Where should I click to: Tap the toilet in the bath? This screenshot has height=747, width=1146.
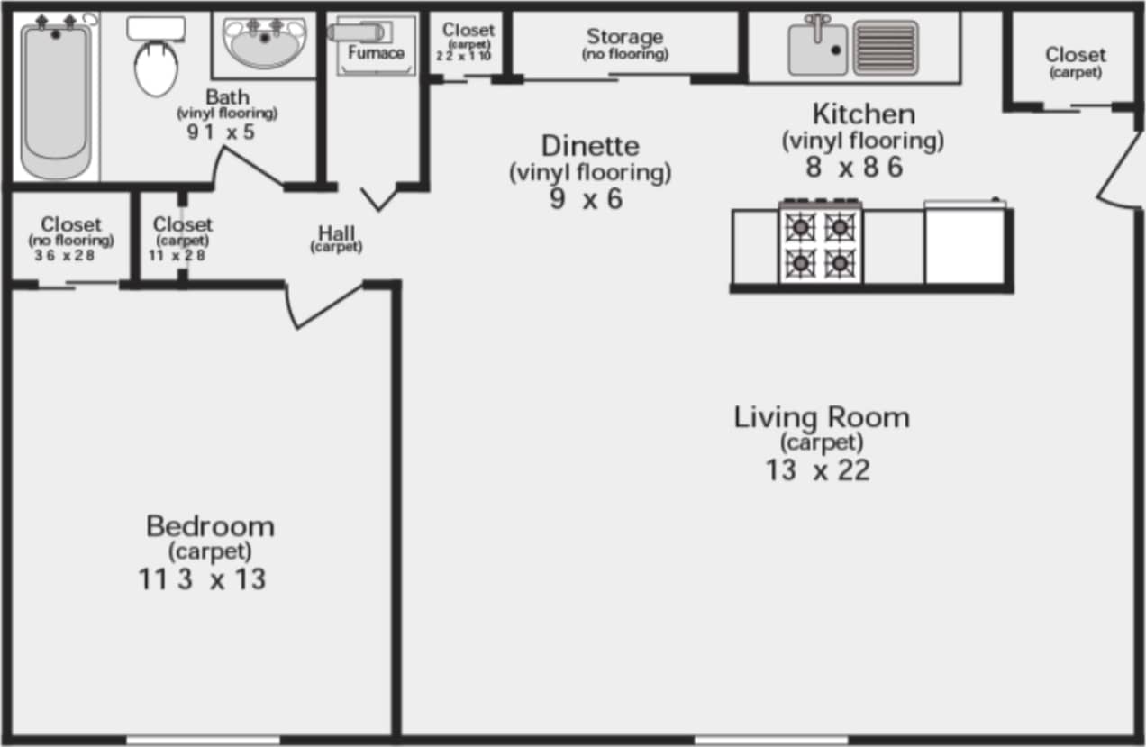coord(156,63)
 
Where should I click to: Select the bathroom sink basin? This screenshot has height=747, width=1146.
coord(264,44)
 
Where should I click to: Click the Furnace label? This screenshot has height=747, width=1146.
coord(376,53)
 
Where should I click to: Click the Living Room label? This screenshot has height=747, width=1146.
coord(821,418)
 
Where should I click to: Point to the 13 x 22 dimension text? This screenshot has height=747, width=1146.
coord(817,470)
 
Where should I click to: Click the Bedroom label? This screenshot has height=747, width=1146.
coord(210,526)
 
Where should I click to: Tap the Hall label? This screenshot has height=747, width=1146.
coord(336,234)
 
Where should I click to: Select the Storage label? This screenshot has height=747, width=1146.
coord(624,37)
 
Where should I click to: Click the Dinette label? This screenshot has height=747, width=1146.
coord(590,145)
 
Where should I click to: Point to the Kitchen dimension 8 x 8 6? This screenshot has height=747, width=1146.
coord(853,168)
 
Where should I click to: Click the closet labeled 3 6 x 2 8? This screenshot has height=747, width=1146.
coord(70,239)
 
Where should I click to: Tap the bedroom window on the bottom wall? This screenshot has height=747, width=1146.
coord(203,741)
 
